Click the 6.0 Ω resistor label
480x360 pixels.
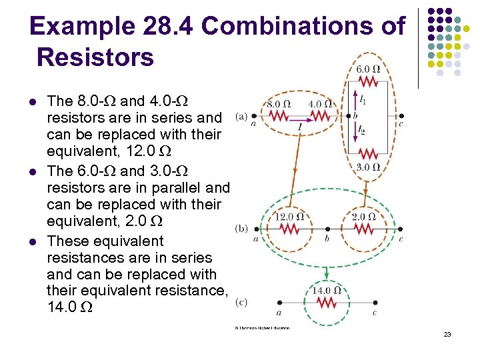tap(368, 69)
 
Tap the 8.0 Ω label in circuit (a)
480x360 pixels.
tap(279, 104)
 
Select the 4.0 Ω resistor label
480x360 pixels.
tap(321, 104)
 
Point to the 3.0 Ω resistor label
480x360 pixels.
tap(368, 167)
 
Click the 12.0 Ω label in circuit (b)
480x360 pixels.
tap(289, 216)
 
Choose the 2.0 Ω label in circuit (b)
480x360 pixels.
tap(363, 216)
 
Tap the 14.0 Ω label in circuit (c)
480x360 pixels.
tap(327, 291)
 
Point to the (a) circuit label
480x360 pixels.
tap(241, 116)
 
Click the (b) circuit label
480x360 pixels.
tap(241, 228)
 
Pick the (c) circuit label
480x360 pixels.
tap(241, 303)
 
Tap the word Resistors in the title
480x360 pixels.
tap(96, 57)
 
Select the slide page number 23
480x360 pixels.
tap(447, 334)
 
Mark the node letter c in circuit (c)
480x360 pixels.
tap(374, 312)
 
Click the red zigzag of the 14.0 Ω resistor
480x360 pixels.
tap(327, 303)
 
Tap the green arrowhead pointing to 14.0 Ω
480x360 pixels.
tap(326, 278)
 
